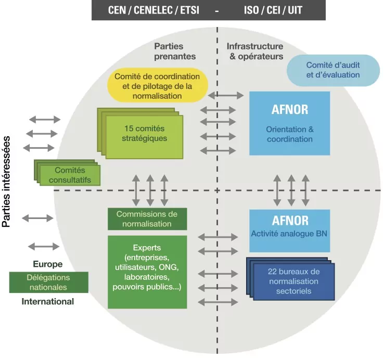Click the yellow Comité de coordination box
pyautogui.click(x=158, y=85)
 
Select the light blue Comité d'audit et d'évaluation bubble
pyautogui.click(x=333, y=70)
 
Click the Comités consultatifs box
pyautogui.click(x=67, y=173)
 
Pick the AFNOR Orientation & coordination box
pyautogui.click(x=289, y=123)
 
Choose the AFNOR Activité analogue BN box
pyautogui.click(x=289, y=230)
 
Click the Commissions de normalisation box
pyautogui.click(x=147, y=219)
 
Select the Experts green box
pyautogui.click(x=147, y=272)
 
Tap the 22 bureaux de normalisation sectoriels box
pyautogui.click(x=291, y=279)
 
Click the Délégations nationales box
pyautogui.click(x=49, y=282)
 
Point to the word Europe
pyautogui.click(x=48, y=264)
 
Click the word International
pyautogui.click(x=48, y=301)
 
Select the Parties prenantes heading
pyautogui.click(x=175, y=51)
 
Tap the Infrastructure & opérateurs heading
pyautogui.click(x=255, y=51)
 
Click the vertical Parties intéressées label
pyautogui.click(x=6, y=182)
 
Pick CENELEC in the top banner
pyautogui.click(x=153, y=10)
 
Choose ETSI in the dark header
pyautogui.click(x=189, y=10)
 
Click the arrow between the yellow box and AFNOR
pyautogui.click(x=226, y=95)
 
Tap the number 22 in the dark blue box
pyautogui.click(x=272, y=272)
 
